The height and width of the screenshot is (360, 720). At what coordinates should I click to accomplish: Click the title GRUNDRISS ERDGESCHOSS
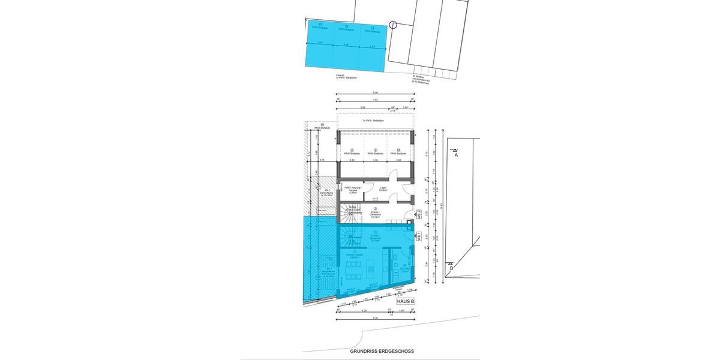(x=382, y=352)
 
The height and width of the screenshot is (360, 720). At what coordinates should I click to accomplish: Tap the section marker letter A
(x=456, y=155)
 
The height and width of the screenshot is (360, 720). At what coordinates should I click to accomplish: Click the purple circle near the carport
(x=393, y=25)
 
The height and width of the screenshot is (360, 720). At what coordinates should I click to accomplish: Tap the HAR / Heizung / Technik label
(x=355, y=190)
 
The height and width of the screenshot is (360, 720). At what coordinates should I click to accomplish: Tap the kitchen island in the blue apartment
(x=371, y=269)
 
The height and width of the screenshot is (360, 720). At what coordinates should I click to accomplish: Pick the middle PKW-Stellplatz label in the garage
(x=375, y=153)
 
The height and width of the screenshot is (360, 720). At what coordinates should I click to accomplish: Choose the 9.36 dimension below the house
(x=375, y=319)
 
